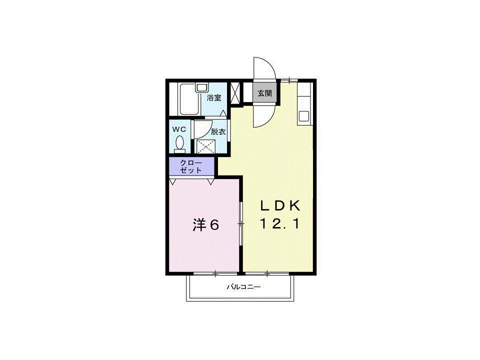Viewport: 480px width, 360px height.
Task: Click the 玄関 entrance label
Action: (264, 93)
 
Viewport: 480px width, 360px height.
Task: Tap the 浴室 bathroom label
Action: (214, 98)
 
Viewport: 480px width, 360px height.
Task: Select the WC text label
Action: (179, 129)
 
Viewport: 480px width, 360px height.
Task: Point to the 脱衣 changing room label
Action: (217, 132)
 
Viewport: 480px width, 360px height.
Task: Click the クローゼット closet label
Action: (191, 166)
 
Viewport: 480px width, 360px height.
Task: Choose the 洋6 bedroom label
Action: (206, 225)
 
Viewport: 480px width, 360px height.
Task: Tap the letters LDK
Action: (280, 205)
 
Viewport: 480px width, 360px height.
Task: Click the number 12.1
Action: (280, 224)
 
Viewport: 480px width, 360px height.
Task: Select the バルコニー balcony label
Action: (244, 287)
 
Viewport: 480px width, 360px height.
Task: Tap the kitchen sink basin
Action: (304, 117)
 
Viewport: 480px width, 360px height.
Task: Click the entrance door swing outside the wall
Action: (263, 68)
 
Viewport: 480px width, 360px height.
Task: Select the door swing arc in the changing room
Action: (201, 129)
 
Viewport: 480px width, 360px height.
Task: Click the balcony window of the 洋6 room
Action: (215, 273)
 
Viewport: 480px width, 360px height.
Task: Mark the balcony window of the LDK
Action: (267, 273)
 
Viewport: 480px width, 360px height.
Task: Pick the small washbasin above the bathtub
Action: (201, 87)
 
